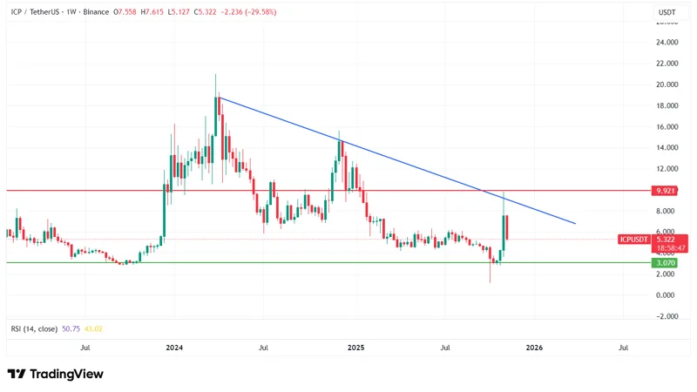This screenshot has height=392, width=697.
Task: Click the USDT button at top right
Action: pyautogui.click(x=666, y=11)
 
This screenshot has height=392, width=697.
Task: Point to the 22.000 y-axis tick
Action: pyautogui.click(x=668, y=64)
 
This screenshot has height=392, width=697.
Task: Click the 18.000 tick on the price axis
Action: pyautogui.click(x=668, y=105)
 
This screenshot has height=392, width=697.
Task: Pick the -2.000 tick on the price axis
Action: pyautogui.click(x=668, y=315)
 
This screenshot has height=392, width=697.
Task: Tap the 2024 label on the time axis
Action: pyautogui.click(x=174, y=347)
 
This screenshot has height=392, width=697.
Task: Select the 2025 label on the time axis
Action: pyautogui.click(x=355, y=347)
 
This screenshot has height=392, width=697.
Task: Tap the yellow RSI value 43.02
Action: pyautogui.click(x=91, y=328)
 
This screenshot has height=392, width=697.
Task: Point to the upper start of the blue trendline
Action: pyautogui.click(x=219, y=97)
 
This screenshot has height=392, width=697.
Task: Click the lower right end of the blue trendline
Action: pyautogui.click(x=576, y=224)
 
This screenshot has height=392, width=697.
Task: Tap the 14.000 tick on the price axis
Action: pyautogui.click(x=668, y=147)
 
